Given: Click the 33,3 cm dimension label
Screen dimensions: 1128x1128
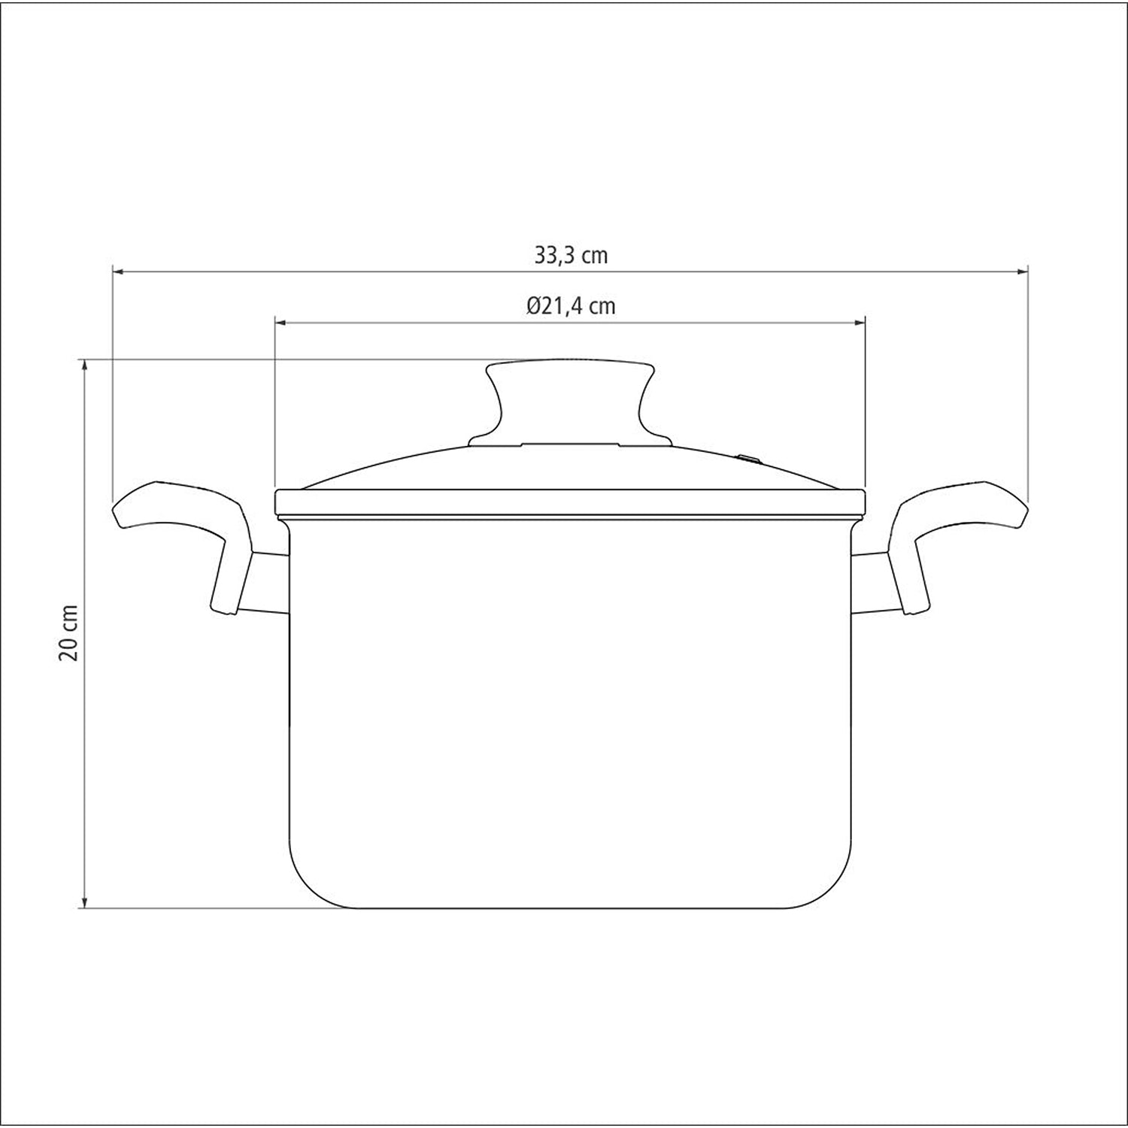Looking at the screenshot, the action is click(x=571, y=256).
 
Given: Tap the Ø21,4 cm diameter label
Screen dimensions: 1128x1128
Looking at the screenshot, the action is click(x=571, y=306).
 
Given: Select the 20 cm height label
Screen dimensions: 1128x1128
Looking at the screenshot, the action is click(x=69, y=632).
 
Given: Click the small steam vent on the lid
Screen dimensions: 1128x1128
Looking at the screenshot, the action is click(x=747, y=457).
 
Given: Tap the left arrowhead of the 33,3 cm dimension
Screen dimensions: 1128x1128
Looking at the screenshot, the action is click(x=118, y=271).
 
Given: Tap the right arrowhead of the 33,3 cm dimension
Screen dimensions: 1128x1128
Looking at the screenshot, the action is click(x=1022, y=271).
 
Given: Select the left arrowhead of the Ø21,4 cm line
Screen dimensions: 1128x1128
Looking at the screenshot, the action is click(x=281, y=323).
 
